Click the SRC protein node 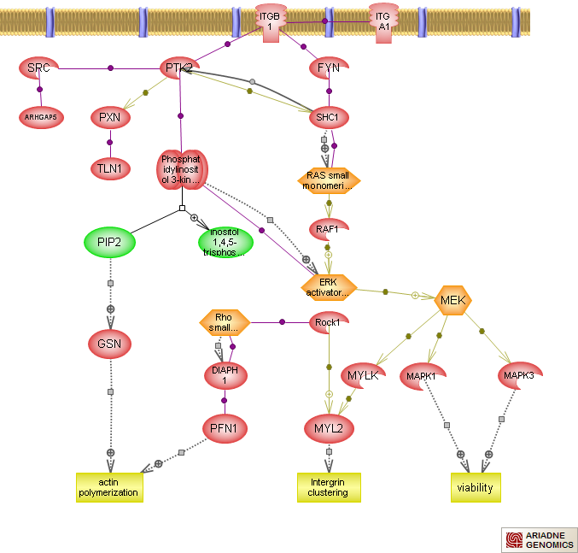[38, 68]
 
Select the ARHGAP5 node [41, 117]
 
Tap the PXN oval [108, 116]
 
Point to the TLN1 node [109, 168]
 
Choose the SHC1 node [329, 117]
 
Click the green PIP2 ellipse [109, 243]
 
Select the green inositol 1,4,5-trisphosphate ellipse [225, 243]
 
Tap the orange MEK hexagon [451, 300]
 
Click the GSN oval [109, 344]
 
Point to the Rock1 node [328, 322]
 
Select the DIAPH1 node [225, 374]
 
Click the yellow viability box [476, 487]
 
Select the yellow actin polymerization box [108, 487]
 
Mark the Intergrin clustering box [329, 487]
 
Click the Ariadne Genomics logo [539, 539]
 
